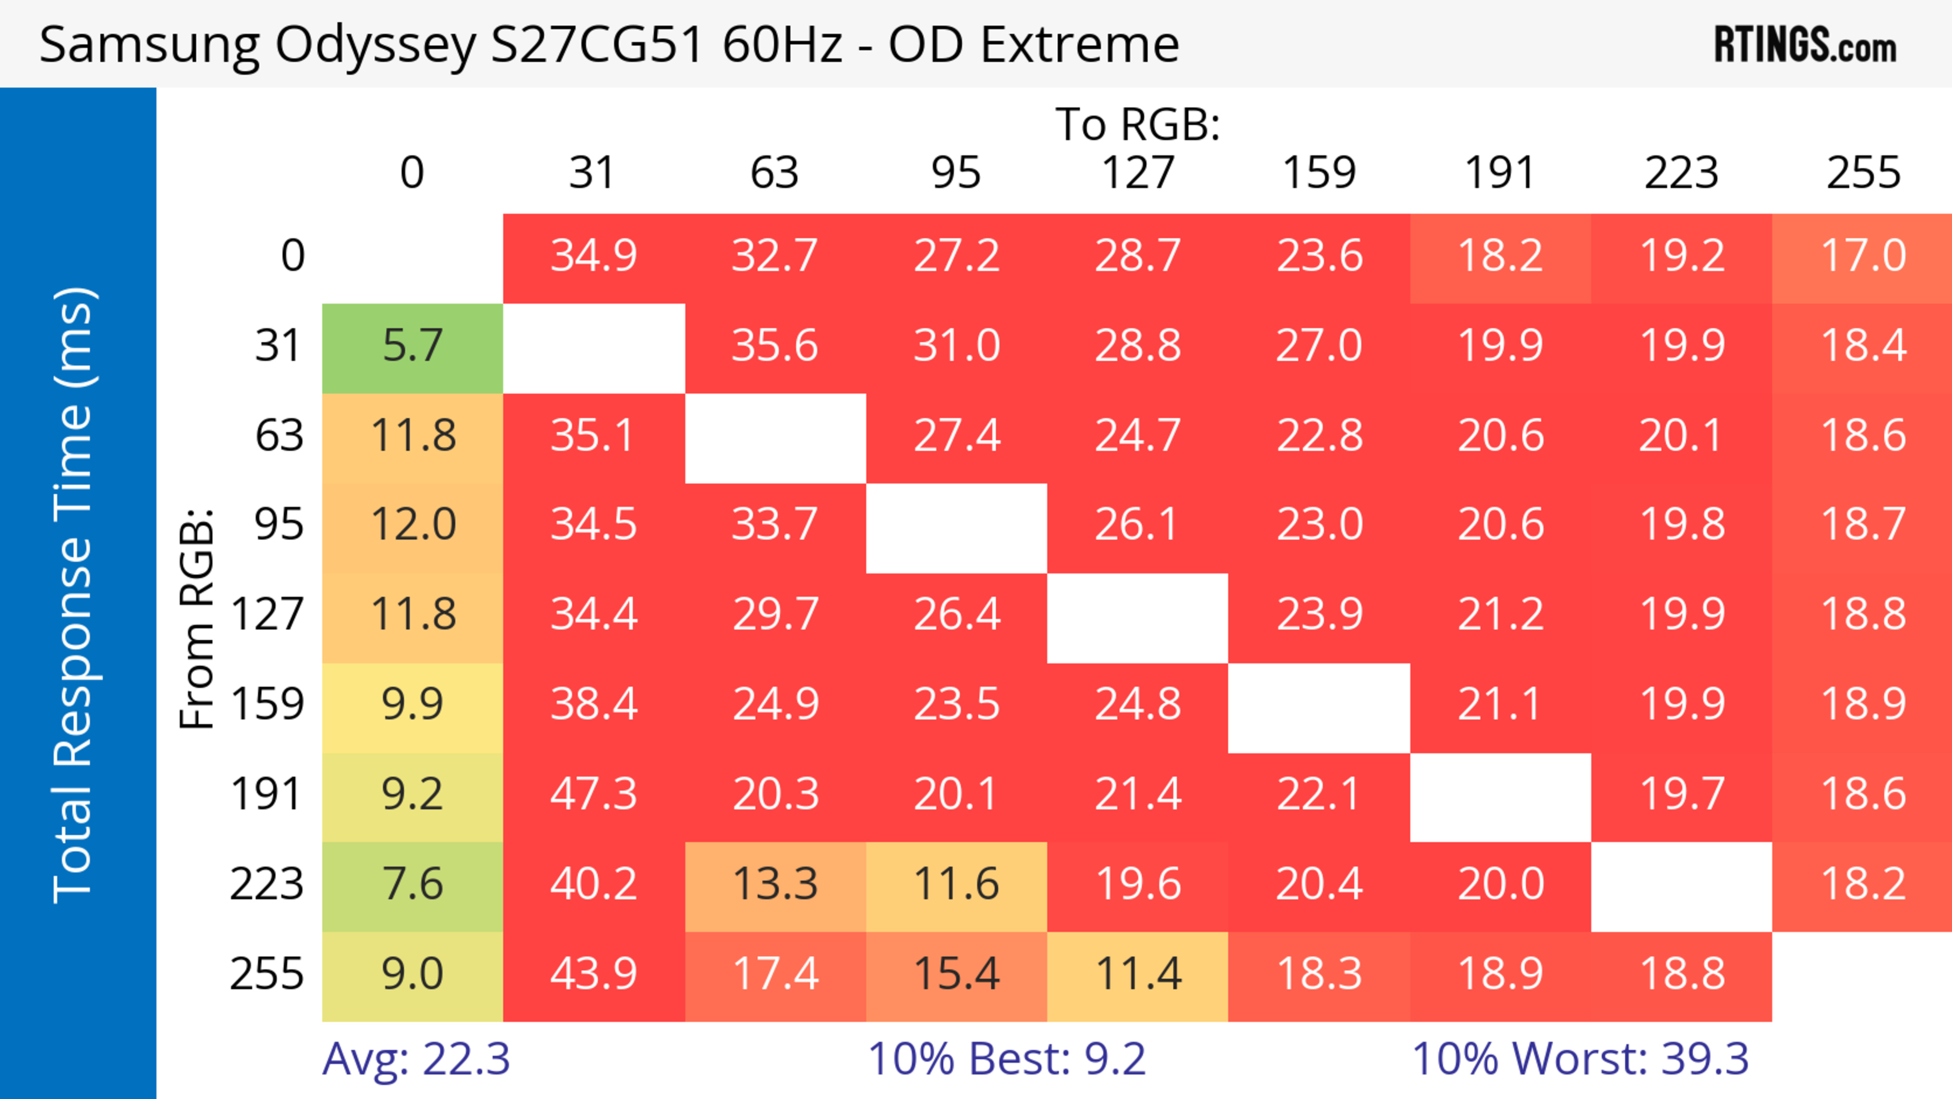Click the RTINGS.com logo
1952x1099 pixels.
pyautogui.click(x=1805, y=45)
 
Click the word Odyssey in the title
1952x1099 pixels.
pyautogui.click(x=375, y=45)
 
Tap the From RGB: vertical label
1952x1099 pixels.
pyautogui.click(x=197, y=618)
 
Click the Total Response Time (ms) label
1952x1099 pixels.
pyautogui.click(x=74, y=595)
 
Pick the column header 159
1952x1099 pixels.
pyautogui.click(x=1319, y=173)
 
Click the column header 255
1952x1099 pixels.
pyautogui.click(x=1863, y=173)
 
